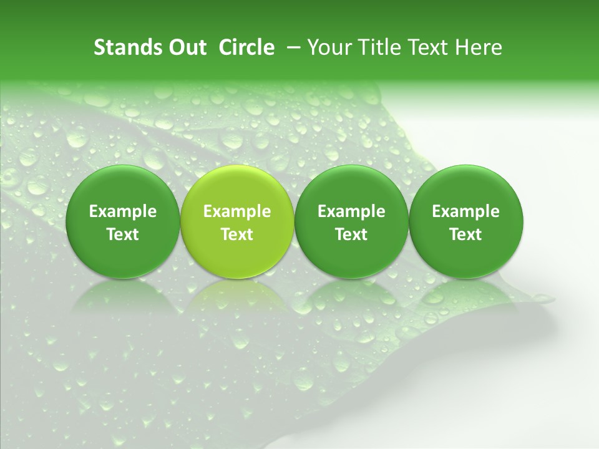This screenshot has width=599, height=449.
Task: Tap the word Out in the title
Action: (x=185, y=47)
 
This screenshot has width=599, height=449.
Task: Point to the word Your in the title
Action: (x=328, y=47)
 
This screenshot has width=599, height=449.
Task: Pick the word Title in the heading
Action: (x=377, y=47)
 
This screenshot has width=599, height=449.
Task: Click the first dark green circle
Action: (x=123, y=187)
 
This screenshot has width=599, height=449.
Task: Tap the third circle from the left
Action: (x=351, y=187)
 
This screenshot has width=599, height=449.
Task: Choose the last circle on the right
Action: (x=466, y=187)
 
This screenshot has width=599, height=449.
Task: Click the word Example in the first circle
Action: (x=123, y=212)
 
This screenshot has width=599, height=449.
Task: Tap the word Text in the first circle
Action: (x=123, y=234)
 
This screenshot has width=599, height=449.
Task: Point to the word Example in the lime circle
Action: (x=237, y=212)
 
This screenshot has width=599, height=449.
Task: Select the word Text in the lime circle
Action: (x=237, y=234)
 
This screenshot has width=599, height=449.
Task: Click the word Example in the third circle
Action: (x=351, y=212)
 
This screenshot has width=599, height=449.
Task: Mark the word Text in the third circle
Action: (x=351, y=234)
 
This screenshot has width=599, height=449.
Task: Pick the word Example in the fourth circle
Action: (x=466, y=212)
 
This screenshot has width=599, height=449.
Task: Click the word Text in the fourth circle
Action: (x=466, y=234)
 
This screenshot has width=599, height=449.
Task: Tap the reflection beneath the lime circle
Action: (x=237, y=296)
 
